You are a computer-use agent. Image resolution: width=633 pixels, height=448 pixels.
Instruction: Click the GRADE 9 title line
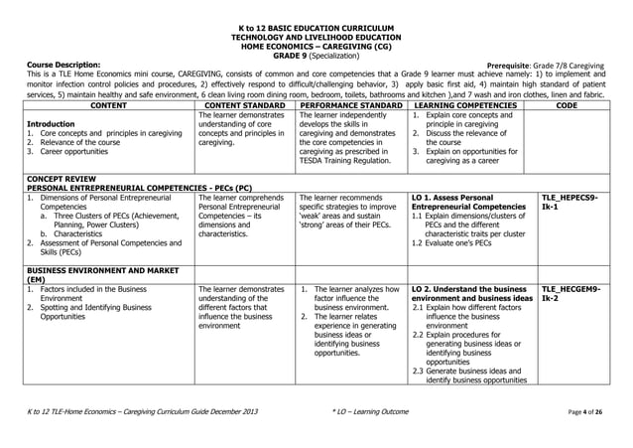tap(316, 56)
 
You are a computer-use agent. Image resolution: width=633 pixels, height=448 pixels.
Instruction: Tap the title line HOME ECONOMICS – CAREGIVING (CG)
tap(316, 46)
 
